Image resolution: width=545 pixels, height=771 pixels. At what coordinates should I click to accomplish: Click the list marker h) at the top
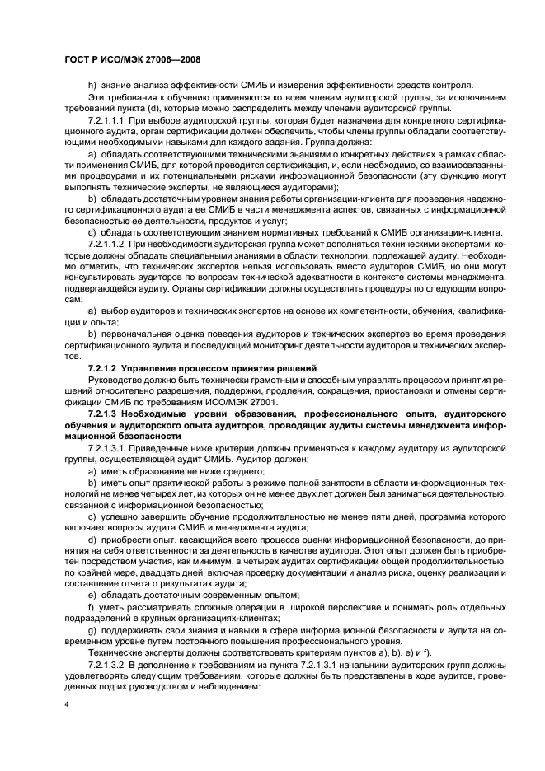(x=92, y=85)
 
